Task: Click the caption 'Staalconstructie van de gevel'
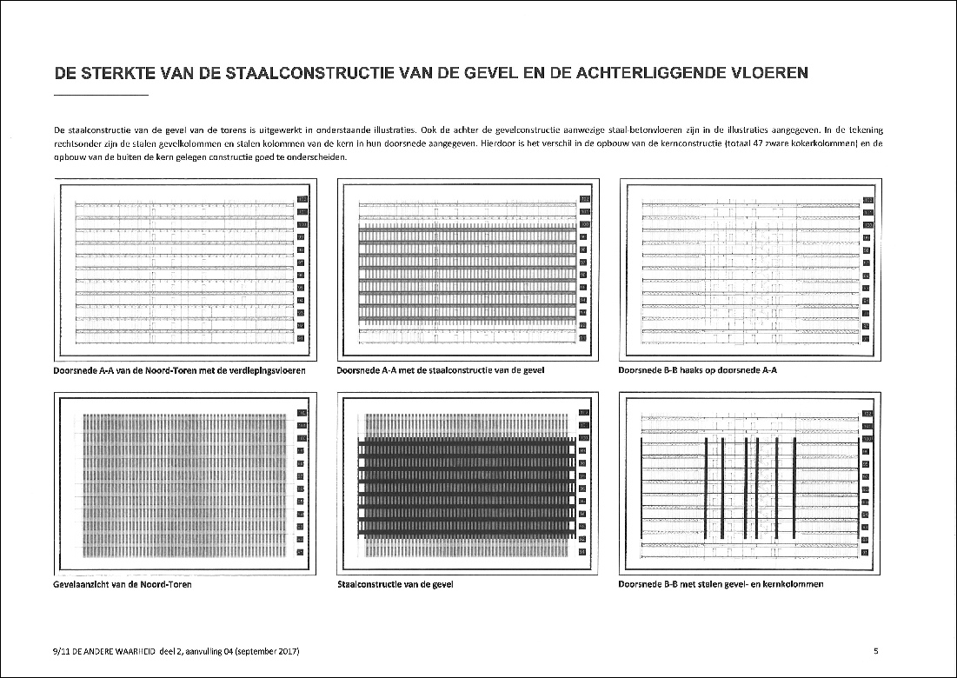click(x=395, y=585)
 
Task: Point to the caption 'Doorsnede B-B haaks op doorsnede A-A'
click(x=696, y=370)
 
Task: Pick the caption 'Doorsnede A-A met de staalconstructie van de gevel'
click(x=440, y=370)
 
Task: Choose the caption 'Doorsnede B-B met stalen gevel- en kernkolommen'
click(x=721, y=585)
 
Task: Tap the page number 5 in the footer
click(x=875, y=651)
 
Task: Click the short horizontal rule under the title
click(x=101, y=94)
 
